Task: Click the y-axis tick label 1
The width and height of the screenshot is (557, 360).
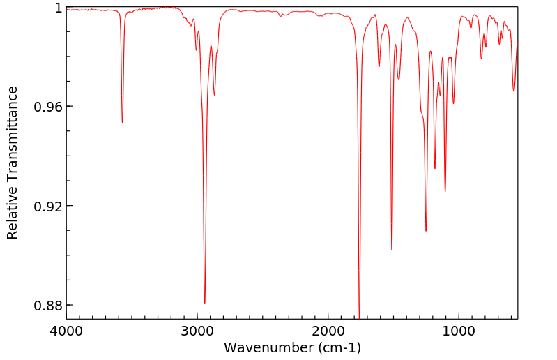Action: [x=59, y=8]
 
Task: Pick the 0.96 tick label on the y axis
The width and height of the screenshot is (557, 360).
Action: [x=49, y=107]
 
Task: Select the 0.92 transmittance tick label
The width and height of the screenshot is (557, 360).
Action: [x=49, y=207]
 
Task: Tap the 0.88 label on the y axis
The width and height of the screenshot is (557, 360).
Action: [x=49, y=306]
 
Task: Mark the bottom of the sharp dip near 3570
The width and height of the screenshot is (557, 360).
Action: [x=122, y=123]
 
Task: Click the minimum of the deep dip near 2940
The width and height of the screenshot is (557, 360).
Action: [x=204, y=303]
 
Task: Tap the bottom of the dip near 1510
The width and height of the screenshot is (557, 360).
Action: [x=392, y=250]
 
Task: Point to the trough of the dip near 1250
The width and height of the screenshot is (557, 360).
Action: [x=426, y=231]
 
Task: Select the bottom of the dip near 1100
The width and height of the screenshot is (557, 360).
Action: [x=445, y=191]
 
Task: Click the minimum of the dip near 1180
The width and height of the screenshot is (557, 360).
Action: [x=435, y=168]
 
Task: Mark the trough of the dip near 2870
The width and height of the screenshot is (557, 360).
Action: [x=214, y=95]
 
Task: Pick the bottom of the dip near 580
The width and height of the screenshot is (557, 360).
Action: [x=514, y=91]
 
